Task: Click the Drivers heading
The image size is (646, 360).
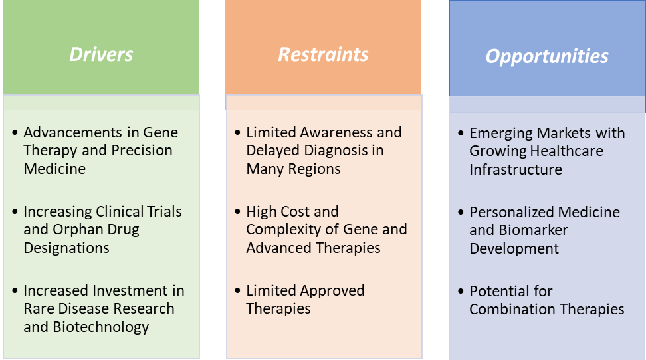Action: click(x=101, y=54)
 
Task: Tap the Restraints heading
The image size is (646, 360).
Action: click(x=323, y=54)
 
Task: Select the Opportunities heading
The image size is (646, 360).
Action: click(x=547, y=56)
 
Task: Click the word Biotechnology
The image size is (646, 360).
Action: click(x=101, y=327)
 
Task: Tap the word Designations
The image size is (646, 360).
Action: click(x=66, y=248)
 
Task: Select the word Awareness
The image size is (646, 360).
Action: click(x=336, y=132)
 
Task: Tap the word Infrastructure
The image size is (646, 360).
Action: click(x=515, y=169)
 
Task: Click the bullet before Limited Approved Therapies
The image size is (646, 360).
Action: click(x=237, y=290)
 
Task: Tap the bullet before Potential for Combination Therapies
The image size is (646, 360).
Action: click(x=461, y=291)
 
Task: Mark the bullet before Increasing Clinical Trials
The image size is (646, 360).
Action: click(x=15, y=211)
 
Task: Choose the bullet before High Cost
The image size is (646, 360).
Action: click(x=237, y=211)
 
